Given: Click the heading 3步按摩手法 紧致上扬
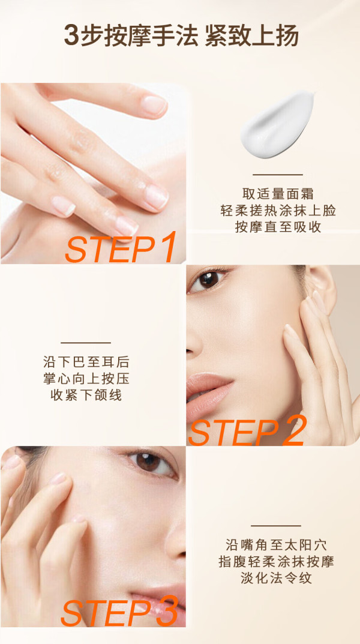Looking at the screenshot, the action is [181, 36].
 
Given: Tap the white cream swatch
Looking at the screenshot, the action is [277, 124].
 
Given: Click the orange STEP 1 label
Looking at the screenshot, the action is [121, 247].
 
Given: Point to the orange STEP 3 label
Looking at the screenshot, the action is [119, 611].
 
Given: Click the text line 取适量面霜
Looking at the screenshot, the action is [278, 194].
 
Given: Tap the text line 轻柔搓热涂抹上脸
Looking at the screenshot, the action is [278, 211].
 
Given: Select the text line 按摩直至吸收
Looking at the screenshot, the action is [278, 227].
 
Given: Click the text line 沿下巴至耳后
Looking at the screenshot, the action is [86, 362].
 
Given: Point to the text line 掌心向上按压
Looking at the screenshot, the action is [86, 378].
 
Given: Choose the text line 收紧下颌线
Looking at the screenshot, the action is [86, 395].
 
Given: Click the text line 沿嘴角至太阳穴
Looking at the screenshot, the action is [276, 545].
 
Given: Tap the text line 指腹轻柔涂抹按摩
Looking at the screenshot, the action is [276, 561].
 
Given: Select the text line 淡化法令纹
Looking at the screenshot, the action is [276, 579].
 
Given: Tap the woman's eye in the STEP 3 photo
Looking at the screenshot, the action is [149, 463].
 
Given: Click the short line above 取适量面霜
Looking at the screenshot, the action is [277, 175].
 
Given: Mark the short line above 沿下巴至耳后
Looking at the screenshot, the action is [86, 343].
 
